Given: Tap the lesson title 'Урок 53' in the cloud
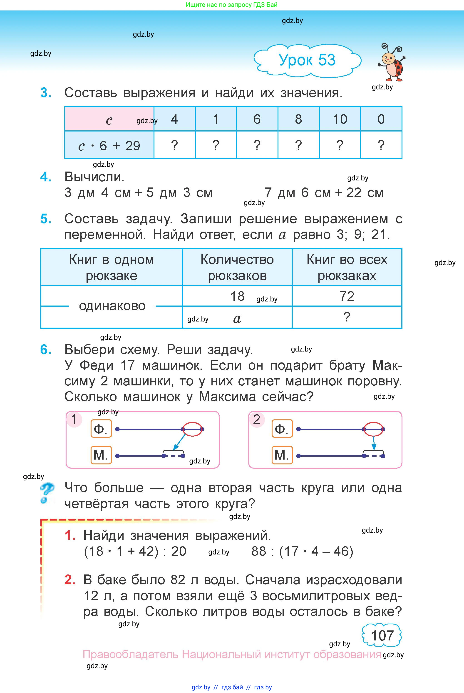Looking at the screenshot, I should [307, 60].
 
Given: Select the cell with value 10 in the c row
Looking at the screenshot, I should [340, 119].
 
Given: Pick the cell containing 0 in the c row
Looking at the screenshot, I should [381, 119].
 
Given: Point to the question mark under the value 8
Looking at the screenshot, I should [298, 145].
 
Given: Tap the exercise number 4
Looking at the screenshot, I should [46, 177].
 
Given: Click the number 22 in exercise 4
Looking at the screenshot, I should [354, 193].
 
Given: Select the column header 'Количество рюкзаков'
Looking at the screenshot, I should [237, 267].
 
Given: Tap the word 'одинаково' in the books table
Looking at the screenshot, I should [112, 306].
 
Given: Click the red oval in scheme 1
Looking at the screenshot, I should [193, 429].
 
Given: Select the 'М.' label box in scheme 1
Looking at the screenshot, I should [101, 455].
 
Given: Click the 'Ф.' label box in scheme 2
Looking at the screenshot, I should [282, 429].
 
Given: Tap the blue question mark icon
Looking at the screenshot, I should [47, 493].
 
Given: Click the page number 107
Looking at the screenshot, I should [382, 635].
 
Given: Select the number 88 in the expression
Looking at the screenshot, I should [259, 551].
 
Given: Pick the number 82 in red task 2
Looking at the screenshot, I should [178, 579].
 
